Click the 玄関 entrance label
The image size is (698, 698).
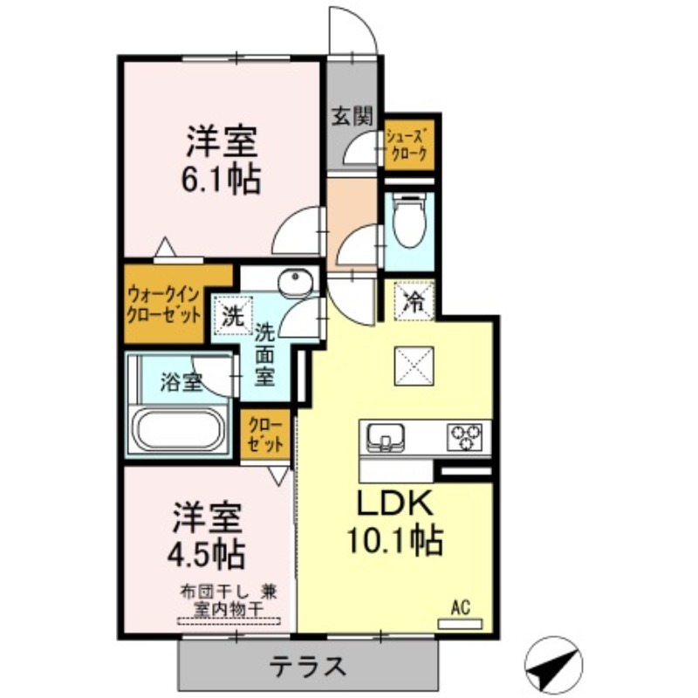point(352,117)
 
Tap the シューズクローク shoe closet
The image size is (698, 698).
point(408,145)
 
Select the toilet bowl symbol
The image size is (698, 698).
point(409,222)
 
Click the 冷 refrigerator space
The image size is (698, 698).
point(414,302)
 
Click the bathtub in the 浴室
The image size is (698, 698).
point(180,430)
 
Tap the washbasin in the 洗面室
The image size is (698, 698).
point(296,281)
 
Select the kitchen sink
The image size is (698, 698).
point(386,437)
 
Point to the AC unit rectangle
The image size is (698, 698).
point(460,624)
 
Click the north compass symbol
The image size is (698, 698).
point(553,664)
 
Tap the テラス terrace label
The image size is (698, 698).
point(308,666)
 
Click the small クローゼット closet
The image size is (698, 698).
point(265,435)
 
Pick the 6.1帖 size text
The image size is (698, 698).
point(221,180)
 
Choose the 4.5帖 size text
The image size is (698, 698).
point(206,553)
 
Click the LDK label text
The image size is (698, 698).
point(395,503)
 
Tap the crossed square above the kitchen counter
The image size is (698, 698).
point(414,366)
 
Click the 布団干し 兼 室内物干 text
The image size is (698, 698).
point(229,601)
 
